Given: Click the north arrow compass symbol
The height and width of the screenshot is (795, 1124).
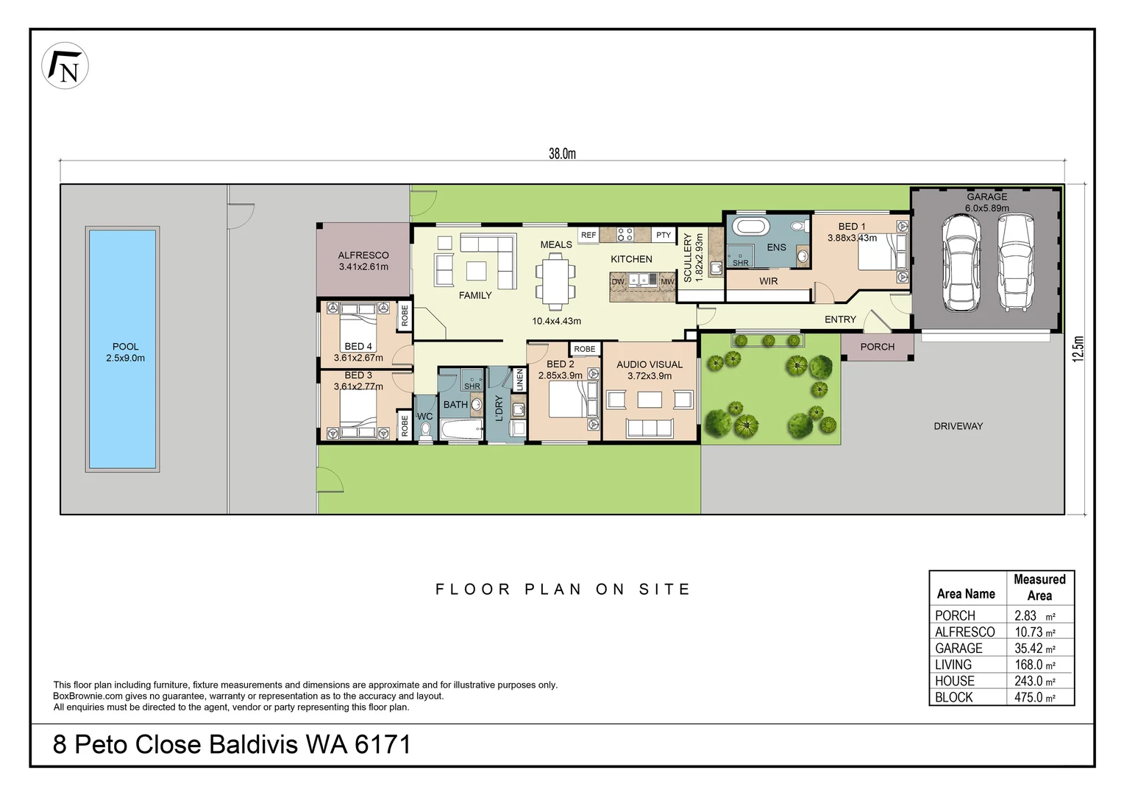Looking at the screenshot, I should pyautogui.click(x=65, y=66).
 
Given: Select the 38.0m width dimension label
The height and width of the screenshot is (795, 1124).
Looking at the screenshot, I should pyautogui.click(x=562, y=154).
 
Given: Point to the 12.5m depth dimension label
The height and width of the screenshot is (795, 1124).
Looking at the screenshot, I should pyautogui.click(x=1078, y=348).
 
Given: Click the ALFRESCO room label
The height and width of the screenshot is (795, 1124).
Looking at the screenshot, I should pyautogui.click(x=363, y=255).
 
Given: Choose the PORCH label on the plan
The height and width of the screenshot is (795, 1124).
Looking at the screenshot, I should pyautogui.click(x=877, y=347).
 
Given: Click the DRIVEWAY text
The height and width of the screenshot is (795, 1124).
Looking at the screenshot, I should pyautogui.click(x=958, y=426).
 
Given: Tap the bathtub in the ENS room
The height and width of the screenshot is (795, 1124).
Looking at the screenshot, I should pyautogui.click(x=748, y=225).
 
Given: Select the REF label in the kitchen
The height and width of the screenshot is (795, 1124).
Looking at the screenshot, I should pyautogui.click(x=588, y=236).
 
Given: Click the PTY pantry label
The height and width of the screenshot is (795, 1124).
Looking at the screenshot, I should pyautogui.click(x=663, y=236).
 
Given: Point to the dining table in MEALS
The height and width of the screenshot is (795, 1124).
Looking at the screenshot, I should pyautogui.click(x=555, y=280).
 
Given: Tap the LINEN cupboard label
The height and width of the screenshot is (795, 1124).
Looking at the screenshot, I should pyautogui.click(x=519, y=380).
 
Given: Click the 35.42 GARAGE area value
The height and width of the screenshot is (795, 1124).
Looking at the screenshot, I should pyautogui.click(x=1028, y=649).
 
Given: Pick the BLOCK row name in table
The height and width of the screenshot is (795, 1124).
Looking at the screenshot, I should pyautogui.click(x=953, y=697).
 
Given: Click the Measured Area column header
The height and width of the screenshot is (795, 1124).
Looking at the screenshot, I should pyautogui.click(x=1039, y=587).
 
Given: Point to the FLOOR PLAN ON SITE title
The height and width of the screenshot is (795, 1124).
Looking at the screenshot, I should pyautogui.click(x=563, y=589).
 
